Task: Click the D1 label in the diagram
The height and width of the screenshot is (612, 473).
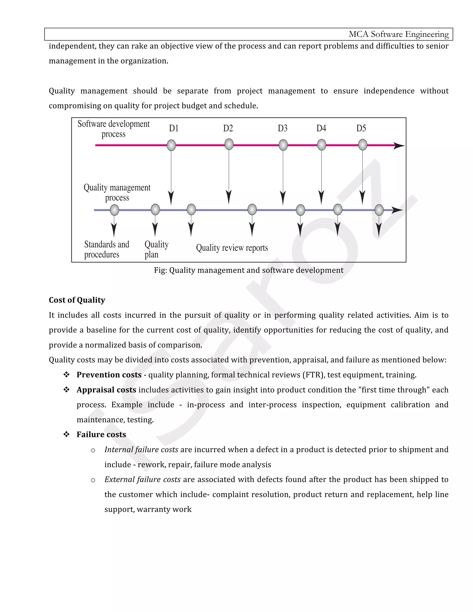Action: tap(174, 128)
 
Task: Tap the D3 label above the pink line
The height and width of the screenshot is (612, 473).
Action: tap(282, 128)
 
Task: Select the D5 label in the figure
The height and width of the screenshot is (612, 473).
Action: tap(361, 128)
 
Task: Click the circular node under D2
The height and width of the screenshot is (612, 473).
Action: tap(229, 144)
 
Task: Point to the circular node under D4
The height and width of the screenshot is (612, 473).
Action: tap(321, 145)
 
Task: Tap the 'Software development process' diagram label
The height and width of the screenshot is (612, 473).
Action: tap(113, 129)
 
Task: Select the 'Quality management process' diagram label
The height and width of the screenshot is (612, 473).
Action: tap(117, 193)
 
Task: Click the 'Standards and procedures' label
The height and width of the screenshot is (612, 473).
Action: tap(106, 249)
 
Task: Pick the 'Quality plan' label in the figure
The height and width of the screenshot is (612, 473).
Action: tap(156, 249)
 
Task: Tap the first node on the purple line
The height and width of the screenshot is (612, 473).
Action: tap(114, 210)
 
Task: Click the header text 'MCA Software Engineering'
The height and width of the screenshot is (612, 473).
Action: tap(398, 34)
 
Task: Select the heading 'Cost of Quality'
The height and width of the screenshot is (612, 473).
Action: tap(77, 300)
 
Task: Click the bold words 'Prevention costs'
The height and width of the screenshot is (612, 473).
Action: tap(109, 375)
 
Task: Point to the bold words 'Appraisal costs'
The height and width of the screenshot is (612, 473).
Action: tap(106, 390)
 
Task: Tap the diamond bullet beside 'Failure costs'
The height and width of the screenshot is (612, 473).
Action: tap(67, 434)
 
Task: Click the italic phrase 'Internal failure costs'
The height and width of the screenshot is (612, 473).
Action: tap(141, 449)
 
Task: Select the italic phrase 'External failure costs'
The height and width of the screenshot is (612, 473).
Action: tap(142, 479)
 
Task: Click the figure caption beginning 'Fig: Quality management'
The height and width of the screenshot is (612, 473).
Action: tap(249, 270)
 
